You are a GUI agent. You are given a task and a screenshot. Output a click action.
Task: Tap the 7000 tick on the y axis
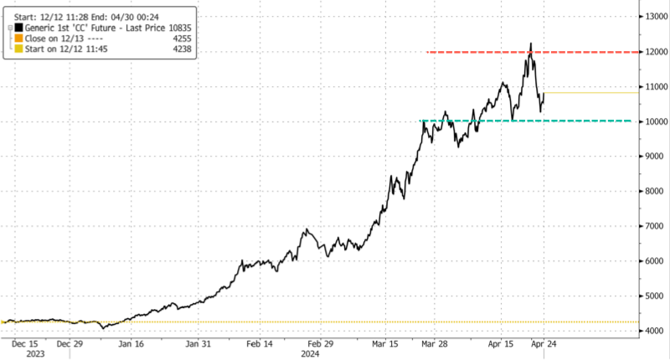652,226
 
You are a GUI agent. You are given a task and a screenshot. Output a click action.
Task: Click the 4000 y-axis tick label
652,332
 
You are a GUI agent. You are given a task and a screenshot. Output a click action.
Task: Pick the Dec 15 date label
24,343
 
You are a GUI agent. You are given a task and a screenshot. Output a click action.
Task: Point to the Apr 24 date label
544,343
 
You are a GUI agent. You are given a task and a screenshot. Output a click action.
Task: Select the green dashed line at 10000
586,121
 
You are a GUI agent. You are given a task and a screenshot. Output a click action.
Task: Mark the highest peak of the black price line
530,44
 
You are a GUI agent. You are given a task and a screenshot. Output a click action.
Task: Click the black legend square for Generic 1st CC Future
18,28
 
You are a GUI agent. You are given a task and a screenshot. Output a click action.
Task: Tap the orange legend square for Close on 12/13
18,39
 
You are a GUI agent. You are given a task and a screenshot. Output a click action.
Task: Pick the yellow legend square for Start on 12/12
18,49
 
